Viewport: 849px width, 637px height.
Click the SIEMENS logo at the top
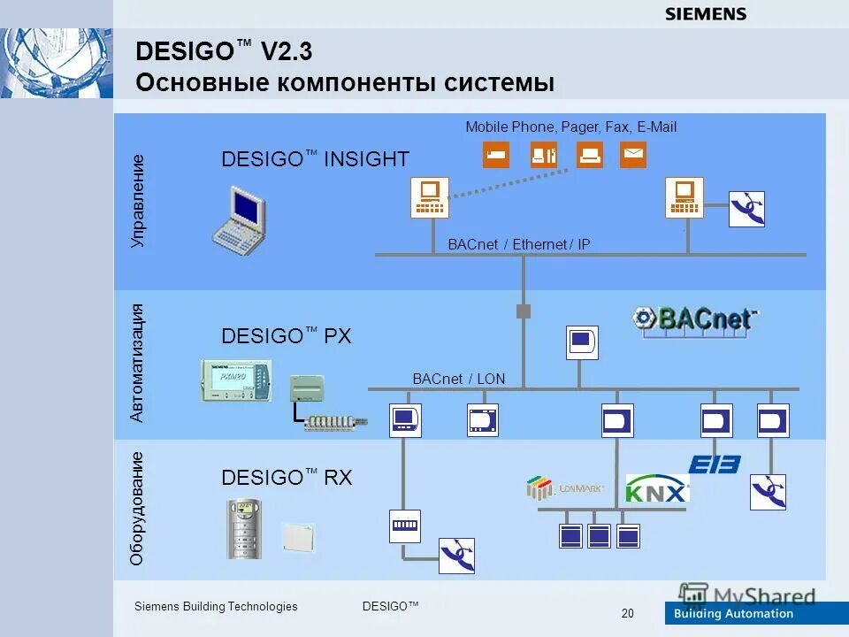click(705, 13)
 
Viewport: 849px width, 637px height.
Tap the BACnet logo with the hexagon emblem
click(696, 318)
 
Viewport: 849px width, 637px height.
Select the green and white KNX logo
click(657, 487)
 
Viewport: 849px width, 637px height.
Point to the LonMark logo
click(563, 487)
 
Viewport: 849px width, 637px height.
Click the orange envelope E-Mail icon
click(633, 155)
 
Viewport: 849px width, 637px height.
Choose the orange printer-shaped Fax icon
click(590, 155)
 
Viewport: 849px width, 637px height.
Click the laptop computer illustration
click(240, 219)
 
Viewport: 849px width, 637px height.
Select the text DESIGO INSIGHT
click(315, 159)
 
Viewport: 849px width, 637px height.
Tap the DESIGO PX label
click(286, 336)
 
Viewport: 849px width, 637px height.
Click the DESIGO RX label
click(287, 478)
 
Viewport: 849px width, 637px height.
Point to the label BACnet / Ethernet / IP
click(519, 244)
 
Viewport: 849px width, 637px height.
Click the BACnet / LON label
click(459, 379)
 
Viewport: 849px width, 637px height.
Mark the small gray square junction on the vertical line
click(524, 311)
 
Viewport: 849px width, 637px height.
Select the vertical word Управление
click(137, 201)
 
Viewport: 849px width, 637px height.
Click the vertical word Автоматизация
click(137, 362)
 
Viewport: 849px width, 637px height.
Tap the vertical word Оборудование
click(137, 508)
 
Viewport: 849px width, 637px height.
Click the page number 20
click(628, 614)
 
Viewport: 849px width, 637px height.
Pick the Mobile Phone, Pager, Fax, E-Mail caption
click(570, 127)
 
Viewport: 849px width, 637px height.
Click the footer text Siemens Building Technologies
click(216, 606)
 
